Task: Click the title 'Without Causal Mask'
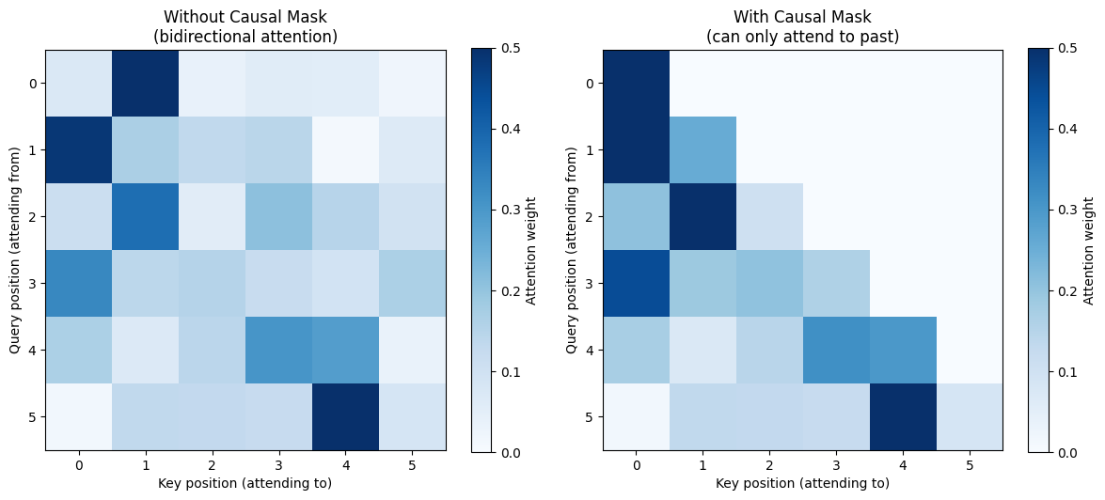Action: click(x=249, y=17)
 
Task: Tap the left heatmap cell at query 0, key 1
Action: click(x=146, y=83)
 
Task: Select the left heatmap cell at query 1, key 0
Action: click(x=79, y=149)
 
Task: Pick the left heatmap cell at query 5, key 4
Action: click(x=346, y=417)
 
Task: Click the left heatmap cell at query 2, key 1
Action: click(x=146, y=216)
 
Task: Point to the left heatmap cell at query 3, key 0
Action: click(x=79, y=283)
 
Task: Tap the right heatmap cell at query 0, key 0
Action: click(x=636, y=83)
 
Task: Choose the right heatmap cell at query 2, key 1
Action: click(x=702, y=216)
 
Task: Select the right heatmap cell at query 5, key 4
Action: click(x=903, y=417)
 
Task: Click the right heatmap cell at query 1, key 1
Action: click(x=702, y=149)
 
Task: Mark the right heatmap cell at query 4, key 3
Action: click(x=836, y=351)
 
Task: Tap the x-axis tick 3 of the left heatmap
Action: click(x=279, y=465)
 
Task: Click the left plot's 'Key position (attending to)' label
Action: click(x=246, y=484)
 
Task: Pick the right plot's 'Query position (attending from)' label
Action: click(x=572, y=250)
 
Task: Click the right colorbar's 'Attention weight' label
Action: click(x=1090, y=250)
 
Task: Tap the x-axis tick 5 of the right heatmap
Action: click(x=970, y=465)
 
